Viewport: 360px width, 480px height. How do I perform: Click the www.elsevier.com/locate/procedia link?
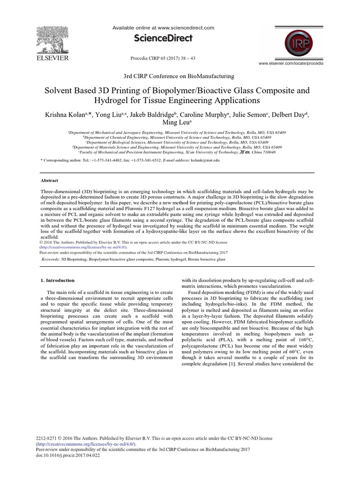point(291,63)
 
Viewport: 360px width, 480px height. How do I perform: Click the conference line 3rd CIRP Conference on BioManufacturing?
point(179,75)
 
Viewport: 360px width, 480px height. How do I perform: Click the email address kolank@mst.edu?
point(205,160)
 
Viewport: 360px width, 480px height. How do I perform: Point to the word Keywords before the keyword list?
point(50,259)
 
